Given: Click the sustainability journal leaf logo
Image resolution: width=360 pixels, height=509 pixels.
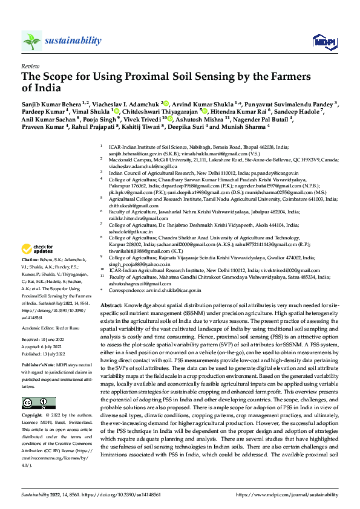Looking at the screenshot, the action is [x=31, y=41].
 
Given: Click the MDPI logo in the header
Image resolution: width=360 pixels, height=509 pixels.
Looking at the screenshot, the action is [x=321, y=41].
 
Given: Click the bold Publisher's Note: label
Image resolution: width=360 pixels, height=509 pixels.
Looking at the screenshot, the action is [x=39, y=349].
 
